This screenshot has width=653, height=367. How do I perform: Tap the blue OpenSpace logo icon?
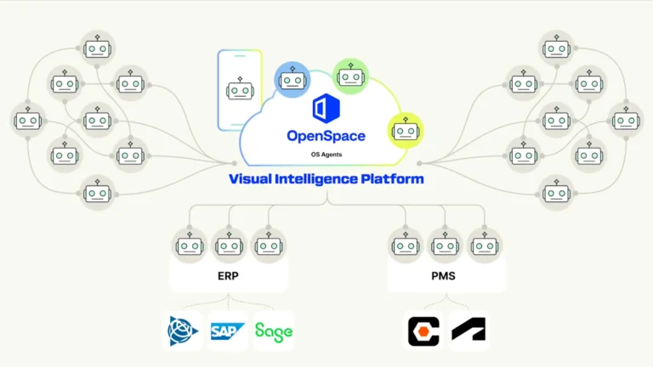pos(326,110)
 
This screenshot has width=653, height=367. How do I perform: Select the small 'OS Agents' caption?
pos(326,155)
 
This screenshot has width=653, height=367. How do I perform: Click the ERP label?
pos(228,276)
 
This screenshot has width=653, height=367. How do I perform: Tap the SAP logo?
pos(228,330)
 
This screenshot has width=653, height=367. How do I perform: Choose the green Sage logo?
pos(273,330)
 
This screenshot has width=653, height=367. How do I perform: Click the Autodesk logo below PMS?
pos(468,330)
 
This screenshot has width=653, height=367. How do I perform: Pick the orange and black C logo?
pos(423,330)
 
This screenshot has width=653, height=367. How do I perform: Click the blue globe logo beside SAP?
pos(183,330)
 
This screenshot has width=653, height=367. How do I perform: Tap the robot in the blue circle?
pos(291,81)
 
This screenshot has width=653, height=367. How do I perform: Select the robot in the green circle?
pos(349,76)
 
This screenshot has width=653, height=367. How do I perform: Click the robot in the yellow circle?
pos(406,131)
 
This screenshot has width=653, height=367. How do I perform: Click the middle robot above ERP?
pos(228,246)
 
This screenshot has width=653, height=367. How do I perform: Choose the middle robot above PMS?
pos(446,246)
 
